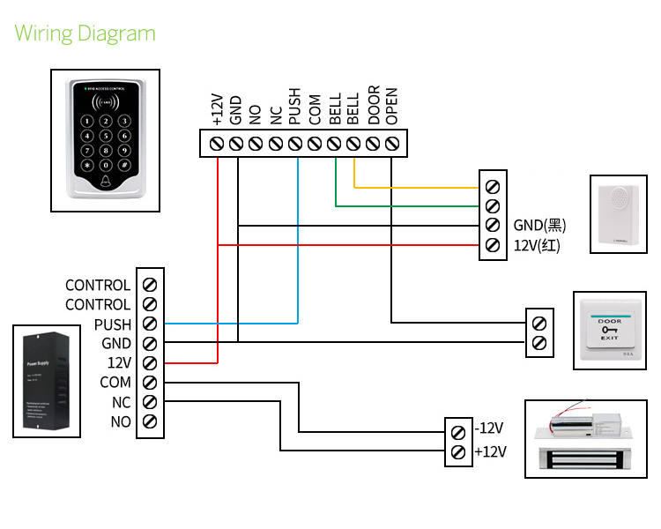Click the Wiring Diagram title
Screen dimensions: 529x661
(x=85, y=34)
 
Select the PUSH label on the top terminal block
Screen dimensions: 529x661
(x=295, y=105)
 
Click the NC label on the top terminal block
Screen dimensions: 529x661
(x=276, y=115)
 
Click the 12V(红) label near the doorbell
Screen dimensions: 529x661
(x=537, y=244)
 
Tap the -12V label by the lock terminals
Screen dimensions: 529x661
(x=489, y=428)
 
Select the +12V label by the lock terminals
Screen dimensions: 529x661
(x=489, y=452)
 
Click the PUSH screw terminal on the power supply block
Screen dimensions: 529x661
(x=150, y=324)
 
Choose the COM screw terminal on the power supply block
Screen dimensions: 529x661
(x=150, y=383)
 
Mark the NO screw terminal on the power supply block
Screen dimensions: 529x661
(x=150, y=421)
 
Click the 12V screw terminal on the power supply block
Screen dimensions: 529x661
(x=150, y=363)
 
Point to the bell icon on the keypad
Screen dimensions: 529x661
(x=106, y=183)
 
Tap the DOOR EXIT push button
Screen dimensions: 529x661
(x=610, y=329)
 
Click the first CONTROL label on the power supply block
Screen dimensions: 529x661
(x=98, y=286)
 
